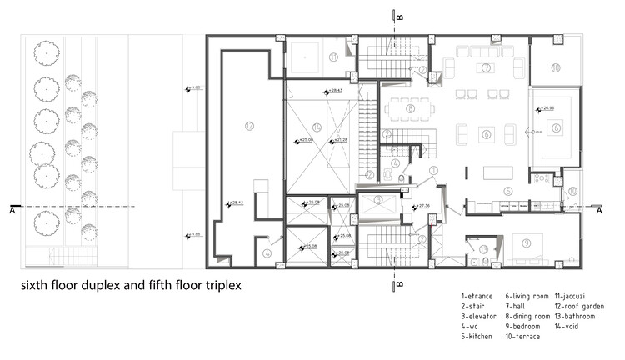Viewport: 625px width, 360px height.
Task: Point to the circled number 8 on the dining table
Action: tap(410, 107)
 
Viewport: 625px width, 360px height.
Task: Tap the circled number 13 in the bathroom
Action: tap(483, 249)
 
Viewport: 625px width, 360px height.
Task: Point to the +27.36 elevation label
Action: tap(422, 205)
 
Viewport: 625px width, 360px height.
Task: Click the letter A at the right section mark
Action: tap(600, 212)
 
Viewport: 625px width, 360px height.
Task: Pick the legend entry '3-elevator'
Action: tap(478, 316)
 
